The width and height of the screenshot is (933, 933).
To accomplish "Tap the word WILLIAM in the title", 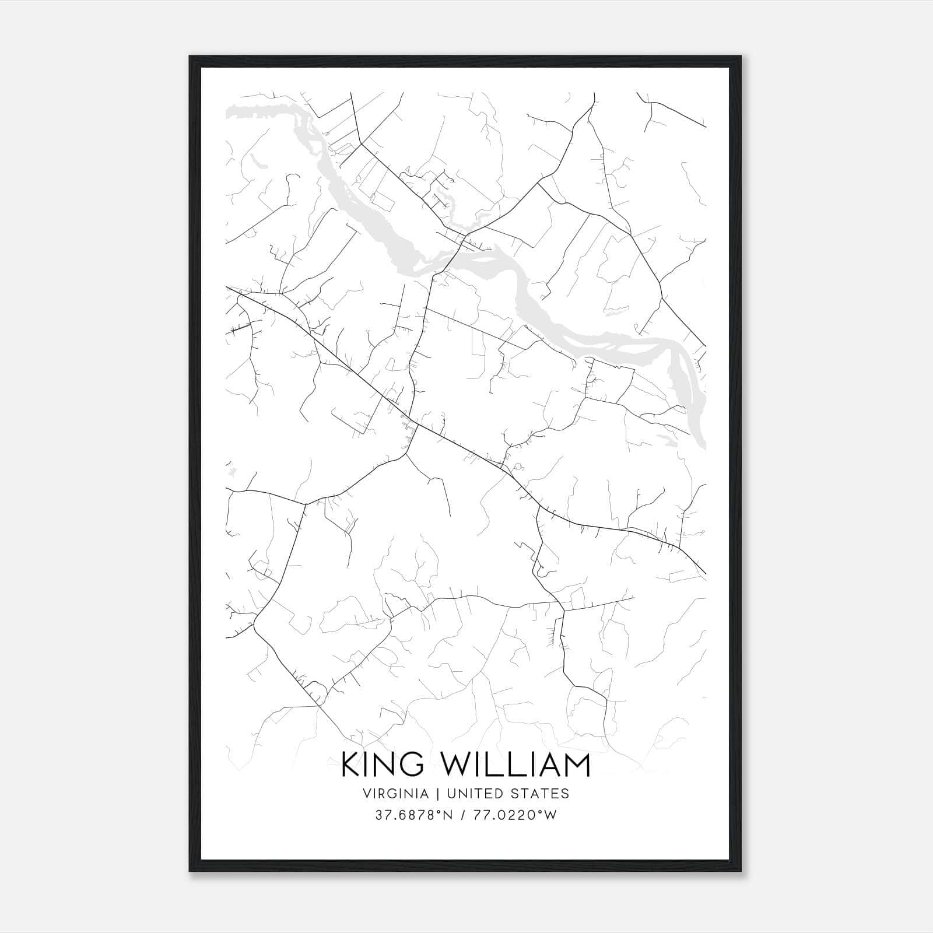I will (515, 765).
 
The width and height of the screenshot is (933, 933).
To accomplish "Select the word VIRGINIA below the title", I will (395, 794).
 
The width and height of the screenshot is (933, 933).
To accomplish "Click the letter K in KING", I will (351, 765).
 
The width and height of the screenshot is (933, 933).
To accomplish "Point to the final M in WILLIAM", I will (577, 765).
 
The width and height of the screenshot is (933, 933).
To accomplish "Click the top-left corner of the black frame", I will (190, 57).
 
